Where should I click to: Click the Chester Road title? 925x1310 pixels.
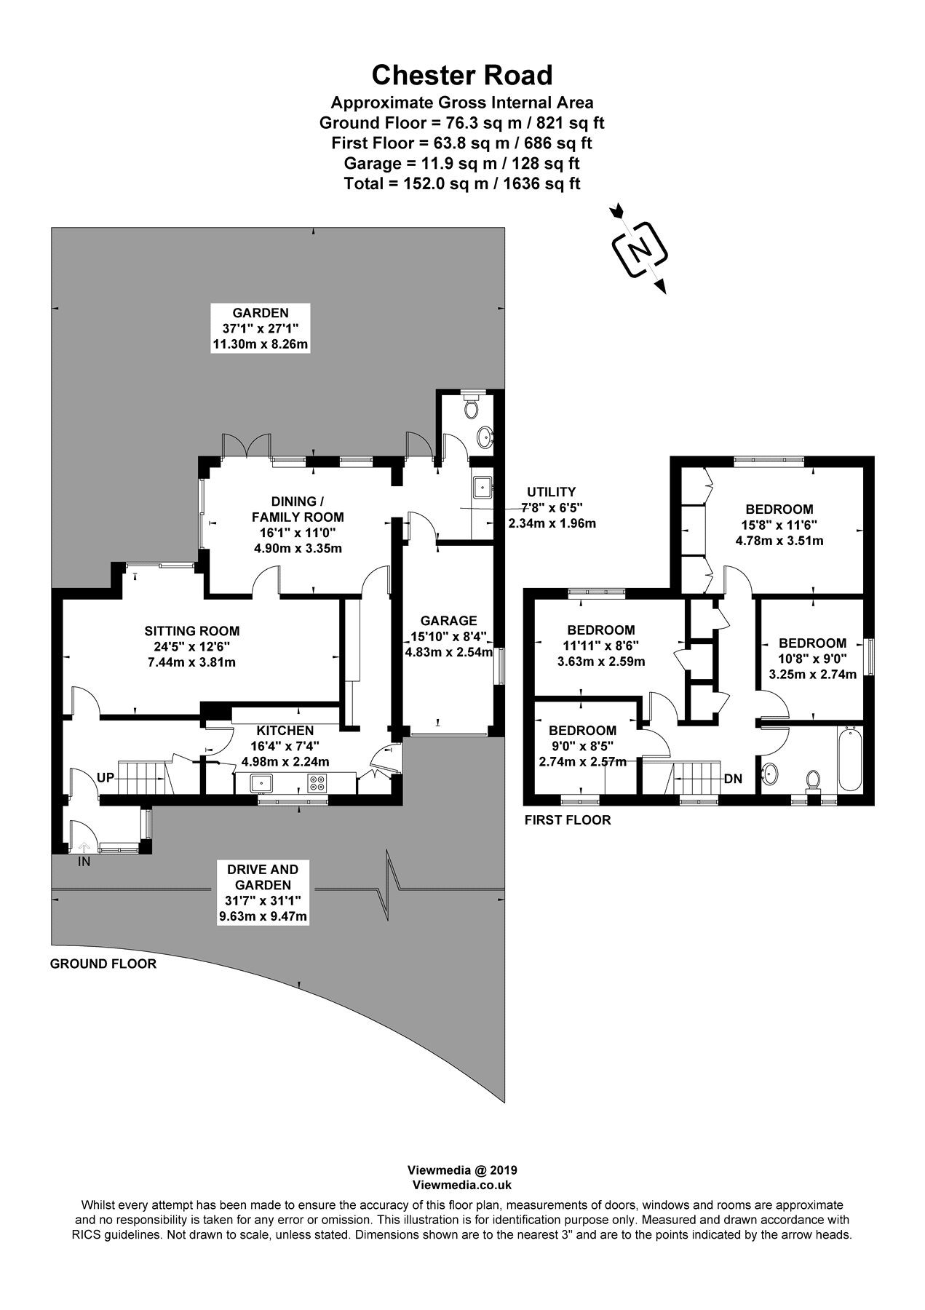click(462, 75)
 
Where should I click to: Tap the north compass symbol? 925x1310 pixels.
click(640, 250)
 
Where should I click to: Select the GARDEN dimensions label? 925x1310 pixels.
click(261, 329)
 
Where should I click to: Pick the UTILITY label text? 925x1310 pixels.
click(552, 492)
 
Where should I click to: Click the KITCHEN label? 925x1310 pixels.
click(285, 731)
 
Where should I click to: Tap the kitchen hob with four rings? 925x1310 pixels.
click(318, 783)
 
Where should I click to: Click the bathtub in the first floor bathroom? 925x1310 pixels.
click(849, 758)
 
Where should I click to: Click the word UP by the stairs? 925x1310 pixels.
click(106, 777)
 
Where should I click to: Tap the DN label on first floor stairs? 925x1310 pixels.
click(733, 779)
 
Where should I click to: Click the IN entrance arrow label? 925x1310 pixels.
click(84, 862)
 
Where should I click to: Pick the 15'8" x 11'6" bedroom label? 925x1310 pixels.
click(779, 525)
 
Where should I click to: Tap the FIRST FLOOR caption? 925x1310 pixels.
click(568, 820)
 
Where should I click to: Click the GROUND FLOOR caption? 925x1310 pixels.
click(103, 964)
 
